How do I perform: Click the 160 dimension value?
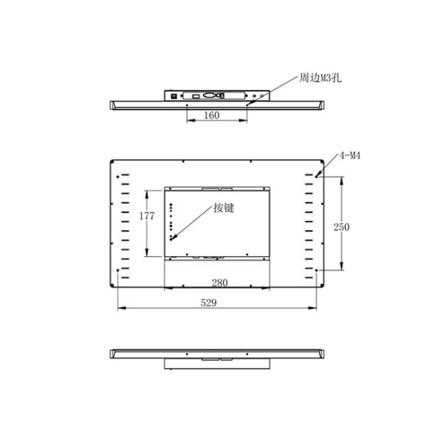point(211,115)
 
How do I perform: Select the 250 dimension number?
point(341,226)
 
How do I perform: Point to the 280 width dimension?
point(219,282)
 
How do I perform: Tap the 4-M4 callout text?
point(349,156)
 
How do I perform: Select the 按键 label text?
point(223,208)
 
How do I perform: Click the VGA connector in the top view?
point(210,95)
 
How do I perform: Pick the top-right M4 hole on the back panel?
point(319,175)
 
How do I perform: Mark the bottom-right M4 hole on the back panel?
point(319,271)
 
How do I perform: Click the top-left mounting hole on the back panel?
point(119,175)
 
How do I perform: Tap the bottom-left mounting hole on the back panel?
point(119,271)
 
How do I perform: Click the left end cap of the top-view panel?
point(112,106)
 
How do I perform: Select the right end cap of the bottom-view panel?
point(323,354)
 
